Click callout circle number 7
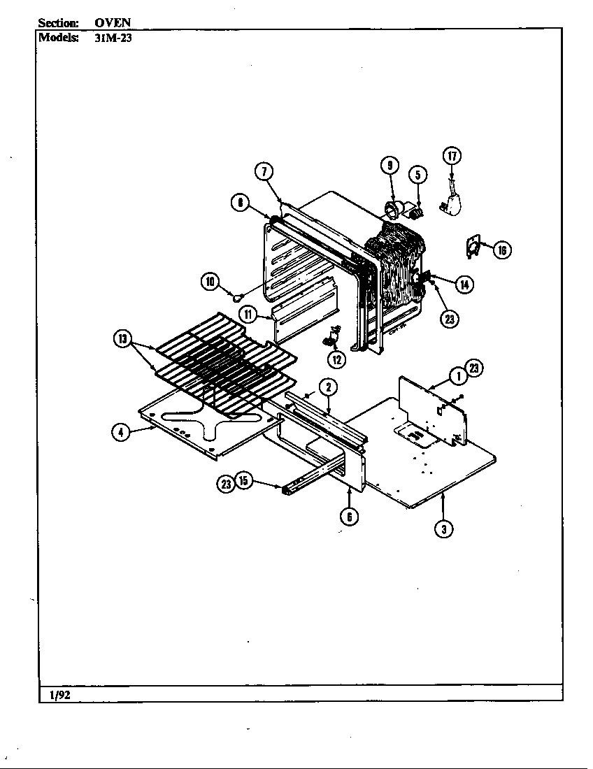(x=264, y=172)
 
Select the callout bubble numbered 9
(x=390, y=165)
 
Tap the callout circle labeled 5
(x=417, y=173)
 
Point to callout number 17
(x=452, y=156)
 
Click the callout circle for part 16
(x=501, y=250)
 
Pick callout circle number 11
(x=248, y=314)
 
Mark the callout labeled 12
(x=336, y=360)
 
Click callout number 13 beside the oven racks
(x=123, y=340)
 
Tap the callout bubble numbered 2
(x=328, y=387)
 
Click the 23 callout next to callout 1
(x=474, y=368)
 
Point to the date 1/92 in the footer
(x=59, y=694)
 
